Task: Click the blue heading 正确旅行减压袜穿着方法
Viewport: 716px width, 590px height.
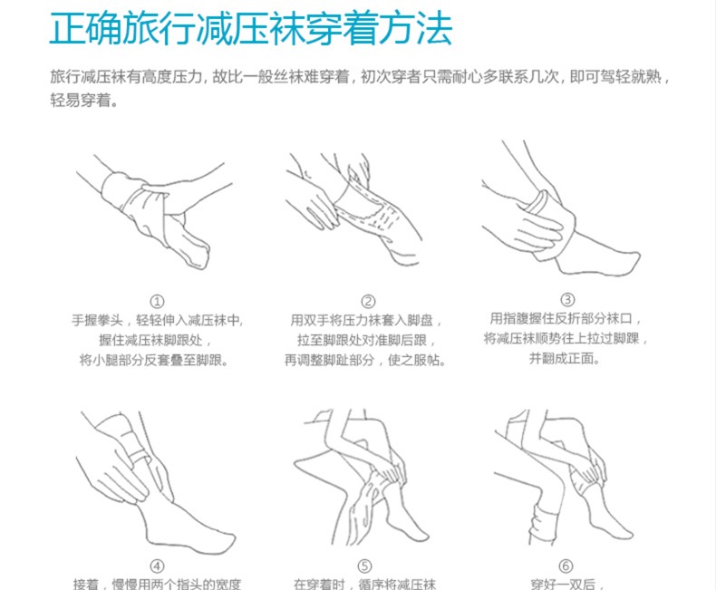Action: (251, 28)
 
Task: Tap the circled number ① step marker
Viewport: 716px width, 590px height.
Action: (157, 302)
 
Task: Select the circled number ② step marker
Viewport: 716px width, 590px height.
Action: (368, 302)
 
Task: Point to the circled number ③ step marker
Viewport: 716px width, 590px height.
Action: (567, 300)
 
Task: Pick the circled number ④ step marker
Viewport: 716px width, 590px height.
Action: (157, 566)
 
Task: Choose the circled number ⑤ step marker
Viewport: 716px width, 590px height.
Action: (364, 566)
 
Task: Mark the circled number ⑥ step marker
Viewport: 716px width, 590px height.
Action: (566, 566)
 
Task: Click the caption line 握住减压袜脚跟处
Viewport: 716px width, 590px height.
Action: (155, 340)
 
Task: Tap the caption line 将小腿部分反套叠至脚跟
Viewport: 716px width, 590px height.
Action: (154, 361)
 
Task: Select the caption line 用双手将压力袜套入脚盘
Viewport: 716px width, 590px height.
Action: (366, 320)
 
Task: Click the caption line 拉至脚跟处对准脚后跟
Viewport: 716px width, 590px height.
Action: (367, 340)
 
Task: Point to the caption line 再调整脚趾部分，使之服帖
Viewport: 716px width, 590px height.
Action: (365, 361)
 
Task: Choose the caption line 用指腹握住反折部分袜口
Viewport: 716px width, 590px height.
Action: (566, 318)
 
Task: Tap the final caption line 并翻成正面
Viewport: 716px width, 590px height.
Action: (565, 359)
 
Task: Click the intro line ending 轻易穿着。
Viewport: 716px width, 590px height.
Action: (84, 100)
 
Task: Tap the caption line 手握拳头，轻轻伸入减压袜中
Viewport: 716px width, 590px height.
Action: (157, 320)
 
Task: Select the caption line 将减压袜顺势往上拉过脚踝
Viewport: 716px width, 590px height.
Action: (566, 338)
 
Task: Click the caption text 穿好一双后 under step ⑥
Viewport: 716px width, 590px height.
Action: (567, 584)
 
